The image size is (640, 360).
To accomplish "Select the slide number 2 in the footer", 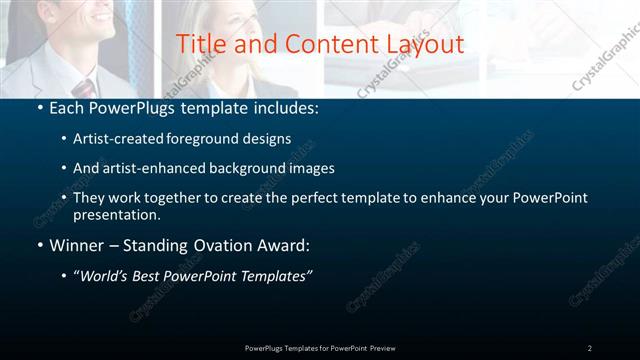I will pos(589,348).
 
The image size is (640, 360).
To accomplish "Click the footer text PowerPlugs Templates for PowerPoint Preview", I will pos(320,348).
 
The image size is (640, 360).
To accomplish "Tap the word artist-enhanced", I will pos(149,168).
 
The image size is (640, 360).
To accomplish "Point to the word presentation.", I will pos(117,214).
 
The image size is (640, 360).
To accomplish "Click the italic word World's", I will pos(107,277).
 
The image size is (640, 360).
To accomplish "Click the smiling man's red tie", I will pos(83,88).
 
